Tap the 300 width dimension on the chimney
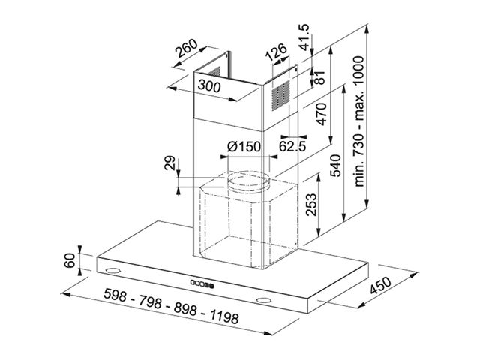(209, 85)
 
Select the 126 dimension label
(276, 52)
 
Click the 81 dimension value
(319, 77)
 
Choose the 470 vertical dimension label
(321, 114)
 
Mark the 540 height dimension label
(336, 166)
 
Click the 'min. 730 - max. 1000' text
(359, 121)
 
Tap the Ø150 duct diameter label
(244, 147)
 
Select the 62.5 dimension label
(292, 147)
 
